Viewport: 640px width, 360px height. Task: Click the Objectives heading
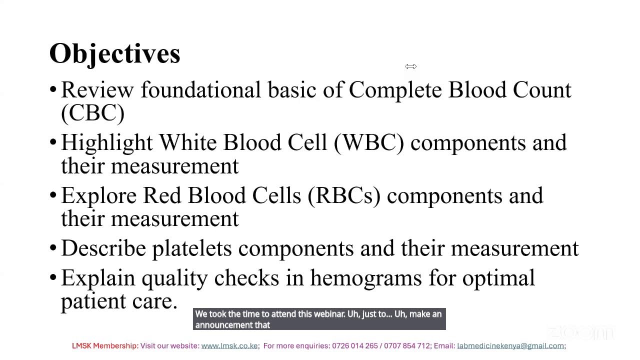point(114,53)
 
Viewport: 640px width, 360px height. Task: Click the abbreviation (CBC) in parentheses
point(92,113)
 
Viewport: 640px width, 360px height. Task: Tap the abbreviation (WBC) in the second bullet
point(369,142)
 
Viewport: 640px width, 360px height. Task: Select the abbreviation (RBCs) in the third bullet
point(344,195)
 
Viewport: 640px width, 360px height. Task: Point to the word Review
point(97,90)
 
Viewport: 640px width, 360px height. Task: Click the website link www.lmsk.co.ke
point(229,346)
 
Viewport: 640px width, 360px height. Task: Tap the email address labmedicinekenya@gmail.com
point(510,346)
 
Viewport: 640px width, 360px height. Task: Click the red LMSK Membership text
point(105,346)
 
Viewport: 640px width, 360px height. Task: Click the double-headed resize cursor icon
point(411,66)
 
